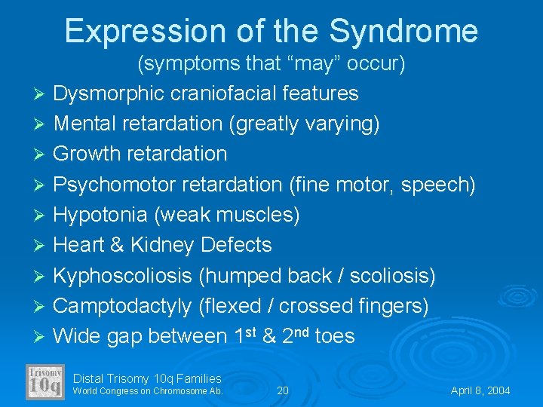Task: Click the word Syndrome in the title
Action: [404, 32]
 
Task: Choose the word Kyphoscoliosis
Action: [123, 276]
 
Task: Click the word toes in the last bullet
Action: [334, 336]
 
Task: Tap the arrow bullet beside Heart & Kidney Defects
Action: [41, 246]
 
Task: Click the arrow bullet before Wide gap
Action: [41, 336]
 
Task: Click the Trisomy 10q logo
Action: [45, 382]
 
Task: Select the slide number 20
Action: [283, 390]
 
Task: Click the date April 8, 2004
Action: [480, 390]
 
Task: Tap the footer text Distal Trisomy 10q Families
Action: [147, 378]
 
